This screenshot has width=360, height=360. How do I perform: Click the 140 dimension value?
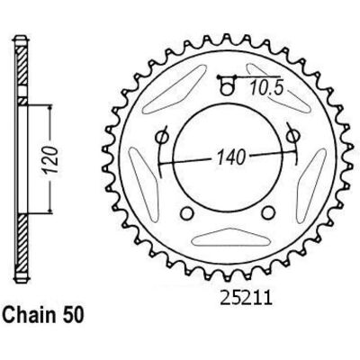(x=231, y=157)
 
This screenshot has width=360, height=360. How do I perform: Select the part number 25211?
(x=247, y=298)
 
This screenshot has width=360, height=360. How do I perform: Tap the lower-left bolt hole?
(x=186, y=213)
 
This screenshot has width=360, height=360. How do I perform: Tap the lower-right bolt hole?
(x=268, y=212)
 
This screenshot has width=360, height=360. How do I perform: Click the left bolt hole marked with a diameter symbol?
(x=162, y=137)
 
